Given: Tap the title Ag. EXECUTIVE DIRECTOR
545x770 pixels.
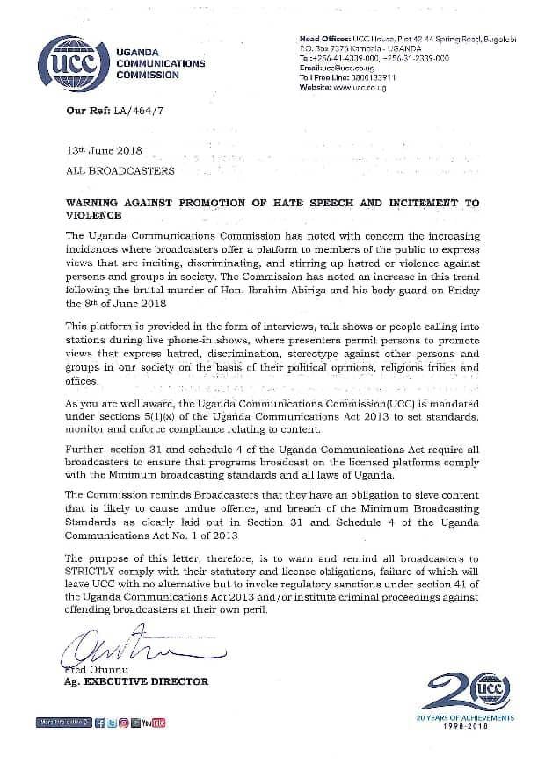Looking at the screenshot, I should (136, 681).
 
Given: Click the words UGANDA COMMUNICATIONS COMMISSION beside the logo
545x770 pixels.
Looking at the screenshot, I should (160, 64).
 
